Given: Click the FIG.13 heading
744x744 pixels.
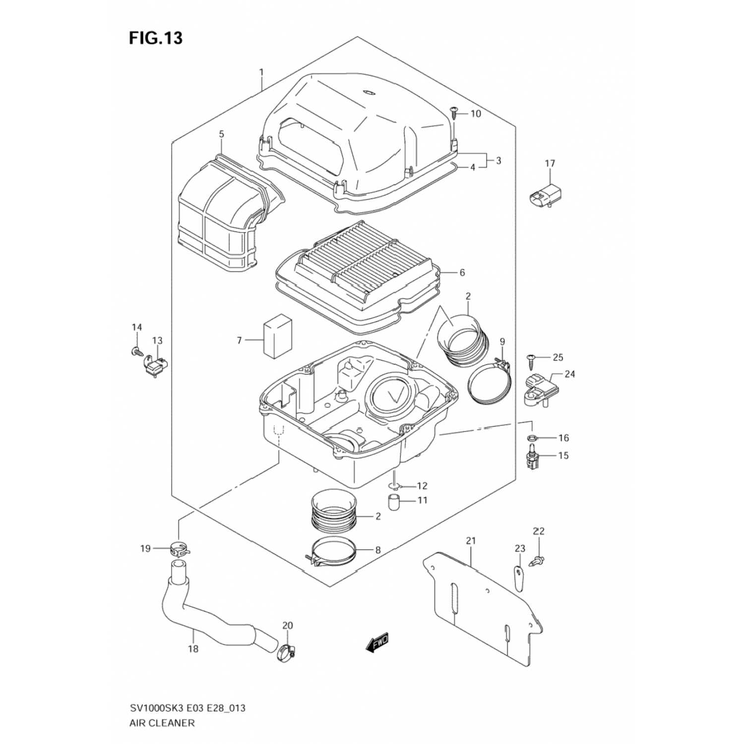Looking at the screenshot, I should coord(156,38).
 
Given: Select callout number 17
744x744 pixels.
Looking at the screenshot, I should coord(550,163).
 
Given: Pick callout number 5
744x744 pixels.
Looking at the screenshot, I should coord(221,134).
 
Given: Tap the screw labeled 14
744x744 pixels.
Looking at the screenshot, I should coord(135,352).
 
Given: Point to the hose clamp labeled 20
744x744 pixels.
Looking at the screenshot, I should coord(289,651).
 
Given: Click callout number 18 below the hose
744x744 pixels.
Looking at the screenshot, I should coord(193,649).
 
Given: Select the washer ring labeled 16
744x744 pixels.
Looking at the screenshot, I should coord(531,438).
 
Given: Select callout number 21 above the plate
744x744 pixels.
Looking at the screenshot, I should coord(471,541).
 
